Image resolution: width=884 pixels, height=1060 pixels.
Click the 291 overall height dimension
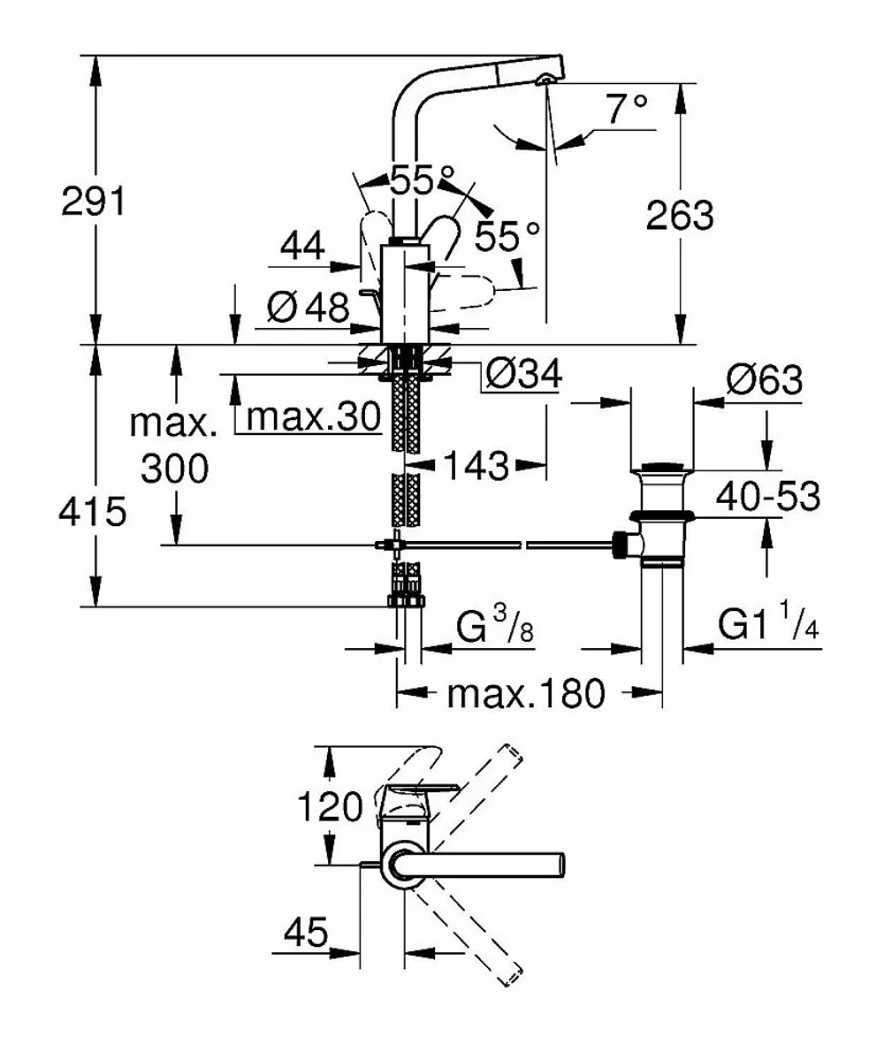coord(94,202)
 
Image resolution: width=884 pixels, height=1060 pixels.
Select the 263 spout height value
coord(679,216)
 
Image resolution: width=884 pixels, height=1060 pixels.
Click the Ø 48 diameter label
coord(309,308)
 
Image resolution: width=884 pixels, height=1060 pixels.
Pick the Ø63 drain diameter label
coord(765,380)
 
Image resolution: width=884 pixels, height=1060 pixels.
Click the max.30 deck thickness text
coord(314,416)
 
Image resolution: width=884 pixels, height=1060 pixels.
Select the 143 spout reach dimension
coord(476,466)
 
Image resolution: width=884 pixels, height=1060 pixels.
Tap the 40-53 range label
coord(768,496)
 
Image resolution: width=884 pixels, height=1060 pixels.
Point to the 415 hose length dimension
coord(92,511)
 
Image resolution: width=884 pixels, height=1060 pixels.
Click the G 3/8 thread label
coord(495,626)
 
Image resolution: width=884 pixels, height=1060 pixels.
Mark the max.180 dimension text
coord(526,694)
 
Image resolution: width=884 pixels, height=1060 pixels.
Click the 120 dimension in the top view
coord(331,806)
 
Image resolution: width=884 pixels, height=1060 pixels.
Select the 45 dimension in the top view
coord(306,933)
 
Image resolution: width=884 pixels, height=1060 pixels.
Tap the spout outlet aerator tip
coord(544,80)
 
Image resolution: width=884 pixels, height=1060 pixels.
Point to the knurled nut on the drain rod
coord(619,545)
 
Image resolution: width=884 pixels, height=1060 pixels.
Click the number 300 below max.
coord(175,469)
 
